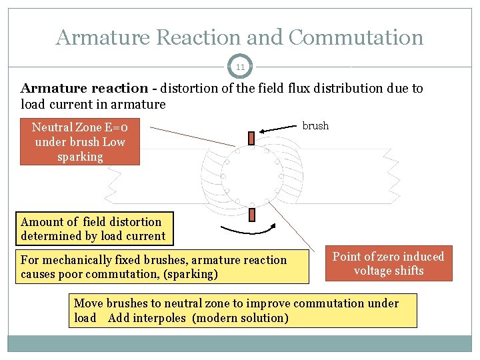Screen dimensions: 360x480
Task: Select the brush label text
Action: point(315,126)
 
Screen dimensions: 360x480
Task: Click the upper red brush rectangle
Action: point(251,138)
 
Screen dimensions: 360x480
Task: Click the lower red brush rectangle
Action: point(252,215)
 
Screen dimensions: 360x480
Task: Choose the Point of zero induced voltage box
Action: point(388,263)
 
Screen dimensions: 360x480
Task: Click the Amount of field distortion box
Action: point(93,229)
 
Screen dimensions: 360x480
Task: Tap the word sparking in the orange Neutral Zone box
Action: point(80,157)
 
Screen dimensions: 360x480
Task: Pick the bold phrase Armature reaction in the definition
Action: point(84,89)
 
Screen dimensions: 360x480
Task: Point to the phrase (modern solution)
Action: point(240,318)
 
